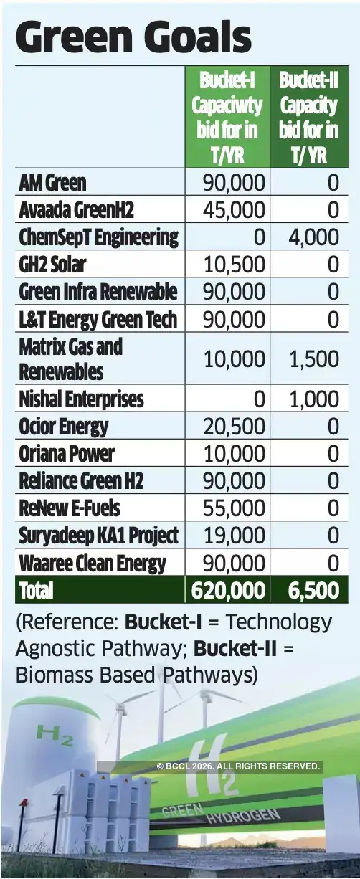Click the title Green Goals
133,37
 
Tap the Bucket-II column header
308,116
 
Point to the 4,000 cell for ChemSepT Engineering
314,237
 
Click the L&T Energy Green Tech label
98,319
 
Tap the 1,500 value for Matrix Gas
314,358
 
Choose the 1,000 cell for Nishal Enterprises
314,399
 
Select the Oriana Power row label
66,454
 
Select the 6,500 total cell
314,590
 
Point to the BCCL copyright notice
238,766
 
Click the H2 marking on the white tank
55,735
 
